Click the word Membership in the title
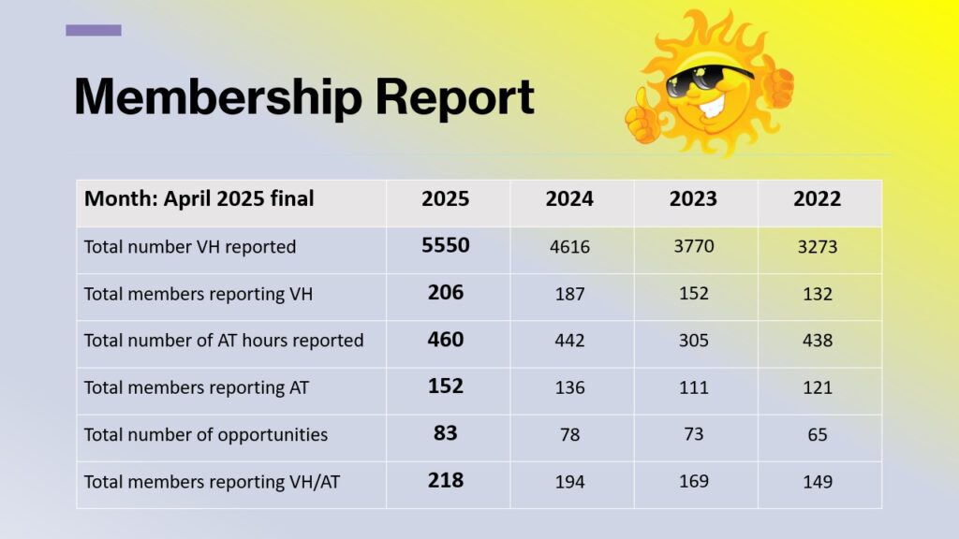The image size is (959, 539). pyautogui.click(x=218, y=96)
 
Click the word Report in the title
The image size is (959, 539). pyautogui.click(x=455, y=96)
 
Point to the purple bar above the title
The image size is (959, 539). pyautogui.click(x=94, y=30)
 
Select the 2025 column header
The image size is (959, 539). pyautogui.click(x=445, y=198)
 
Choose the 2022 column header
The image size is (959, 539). pyautogui.click(x=817, y=198)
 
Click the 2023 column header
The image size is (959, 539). pyautogui.click(x=693, y=198)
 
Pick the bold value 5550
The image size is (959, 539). pyautogui.click(x=445, y=245)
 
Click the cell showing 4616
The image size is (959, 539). pyautogui.click(x=569, y=247)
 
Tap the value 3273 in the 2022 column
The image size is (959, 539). pyautogui.click(x=817, y=247)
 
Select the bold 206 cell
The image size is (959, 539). pyautogui.click(x=445, y=292)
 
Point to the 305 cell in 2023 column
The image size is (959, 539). pyautogui.click(x=694, y=341)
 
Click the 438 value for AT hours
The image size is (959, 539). pyautogui.click(x=817, y=341)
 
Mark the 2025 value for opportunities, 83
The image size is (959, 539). pyautogui.click(x=445, y=432)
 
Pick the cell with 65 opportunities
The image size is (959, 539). pyautogui.click(x=817, y=434)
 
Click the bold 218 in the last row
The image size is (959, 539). pyautogui.click(x=445, y=480)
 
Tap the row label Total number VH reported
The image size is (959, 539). pyautogui.click(x=189, y=247)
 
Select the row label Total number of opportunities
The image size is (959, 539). pyautogui.click(x=205, y=435)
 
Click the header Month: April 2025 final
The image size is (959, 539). pyautogui.click(x=199, y=198)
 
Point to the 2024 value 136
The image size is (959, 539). pyautogui.click(x=569, y=387)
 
